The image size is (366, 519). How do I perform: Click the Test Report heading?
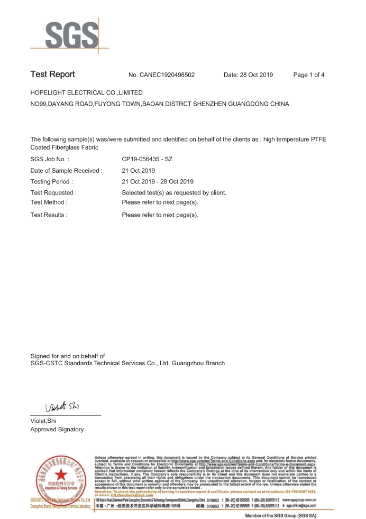click(53, 75)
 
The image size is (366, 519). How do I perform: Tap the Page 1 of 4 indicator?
click(309, 75)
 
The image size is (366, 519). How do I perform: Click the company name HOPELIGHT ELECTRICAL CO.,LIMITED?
click(87, 93)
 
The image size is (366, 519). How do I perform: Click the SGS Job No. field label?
click(50, 159)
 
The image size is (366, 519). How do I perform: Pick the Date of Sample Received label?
click(67, 171)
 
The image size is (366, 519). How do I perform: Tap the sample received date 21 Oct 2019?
click(139, 171)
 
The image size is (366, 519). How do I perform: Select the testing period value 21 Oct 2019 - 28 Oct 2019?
click(158, 182)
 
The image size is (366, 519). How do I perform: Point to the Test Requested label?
click(54, 193)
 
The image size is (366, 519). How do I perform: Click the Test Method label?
click(49, 202)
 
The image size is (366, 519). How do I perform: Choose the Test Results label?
click(49, 215)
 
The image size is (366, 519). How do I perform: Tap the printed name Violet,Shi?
click(43, 421)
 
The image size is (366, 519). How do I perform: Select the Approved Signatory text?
click(57, 430)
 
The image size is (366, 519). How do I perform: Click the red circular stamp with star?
click(59, 478)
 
